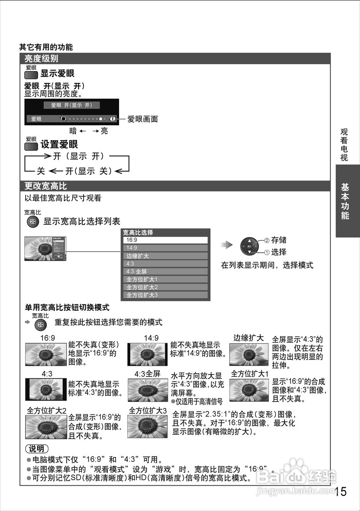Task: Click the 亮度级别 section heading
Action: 41,59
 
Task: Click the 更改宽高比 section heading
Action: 46,186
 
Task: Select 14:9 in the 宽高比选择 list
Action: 165,248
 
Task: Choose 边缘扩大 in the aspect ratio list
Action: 165,256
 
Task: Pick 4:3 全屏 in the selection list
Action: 165,271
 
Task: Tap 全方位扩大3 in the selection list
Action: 165,295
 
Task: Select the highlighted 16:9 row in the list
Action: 165,240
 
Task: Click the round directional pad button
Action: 249,246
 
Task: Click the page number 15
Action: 341,491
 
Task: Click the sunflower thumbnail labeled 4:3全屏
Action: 148,390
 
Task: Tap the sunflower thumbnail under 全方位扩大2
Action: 46,427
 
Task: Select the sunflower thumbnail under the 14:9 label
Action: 147,355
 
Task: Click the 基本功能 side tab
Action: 345,201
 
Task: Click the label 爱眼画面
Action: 143,119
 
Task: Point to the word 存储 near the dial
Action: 279,240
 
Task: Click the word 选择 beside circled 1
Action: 279,252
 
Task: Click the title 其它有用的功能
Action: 46,47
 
